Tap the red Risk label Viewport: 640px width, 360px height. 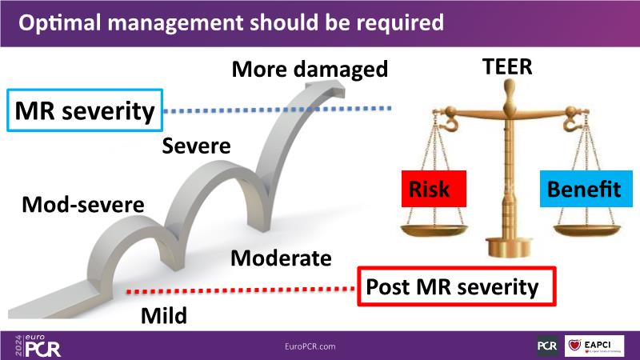430,190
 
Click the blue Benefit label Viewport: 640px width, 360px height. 583,190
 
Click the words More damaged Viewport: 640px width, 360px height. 310,70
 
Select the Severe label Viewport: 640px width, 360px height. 196,146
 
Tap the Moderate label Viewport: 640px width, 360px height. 280,258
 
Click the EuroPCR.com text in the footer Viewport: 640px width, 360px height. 310,346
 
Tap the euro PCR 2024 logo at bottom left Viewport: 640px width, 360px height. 35,345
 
